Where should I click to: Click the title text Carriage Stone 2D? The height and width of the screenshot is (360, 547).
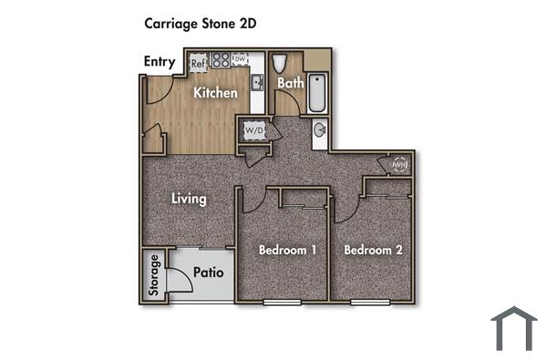click(200, 24)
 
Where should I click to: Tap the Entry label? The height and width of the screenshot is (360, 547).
click(161, 62)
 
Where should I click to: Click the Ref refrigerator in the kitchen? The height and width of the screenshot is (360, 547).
click(199, 64)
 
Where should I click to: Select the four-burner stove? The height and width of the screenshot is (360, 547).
click(221, 61)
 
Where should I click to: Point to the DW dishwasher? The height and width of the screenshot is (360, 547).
click(240, 60)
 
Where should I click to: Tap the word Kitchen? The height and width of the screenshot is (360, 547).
click(216, 93)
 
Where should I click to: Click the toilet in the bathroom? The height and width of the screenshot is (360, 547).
click(281, 62)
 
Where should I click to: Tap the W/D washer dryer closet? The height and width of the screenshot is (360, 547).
click(253, 131)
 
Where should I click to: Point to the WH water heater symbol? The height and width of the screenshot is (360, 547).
click(399, 165)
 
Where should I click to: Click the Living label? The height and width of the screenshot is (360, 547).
click(190, 199)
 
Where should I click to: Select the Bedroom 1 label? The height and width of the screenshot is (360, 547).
click(287, 250)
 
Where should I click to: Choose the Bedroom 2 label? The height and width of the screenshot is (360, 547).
click(373, 250)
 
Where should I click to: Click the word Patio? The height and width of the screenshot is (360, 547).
click(209, 273)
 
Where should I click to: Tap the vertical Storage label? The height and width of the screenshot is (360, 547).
click(155, 276)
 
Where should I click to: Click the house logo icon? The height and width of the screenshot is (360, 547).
click(513, 328)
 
